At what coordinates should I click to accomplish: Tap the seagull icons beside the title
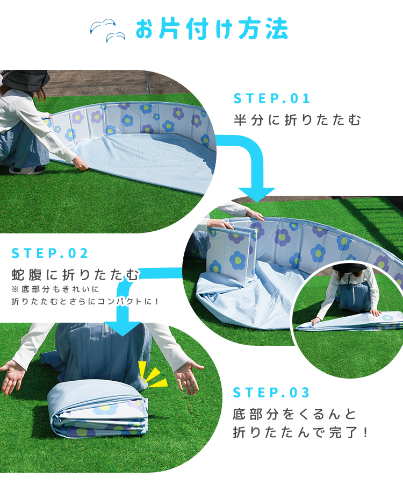click(x=108, y=30)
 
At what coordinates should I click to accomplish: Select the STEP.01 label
click(x=272, y=99)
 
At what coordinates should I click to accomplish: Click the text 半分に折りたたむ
click(x=297, y=120)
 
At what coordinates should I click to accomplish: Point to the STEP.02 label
click(x=50, y=253)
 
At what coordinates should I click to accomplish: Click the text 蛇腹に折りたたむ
click(x=76, y=274)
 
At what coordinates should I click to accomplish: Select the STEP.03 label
click(x=271, y=393)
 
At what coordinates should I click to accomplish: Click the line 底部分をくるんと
click(x=294, y=414)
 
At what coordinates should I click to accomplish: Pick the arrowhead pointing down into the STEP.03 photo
click(x=123, y=329)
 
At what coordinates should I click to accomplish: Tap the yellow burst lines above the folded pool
click(x=152, y=374)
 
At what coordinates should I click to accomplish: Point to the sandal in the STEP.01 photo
click(x=27, y=169)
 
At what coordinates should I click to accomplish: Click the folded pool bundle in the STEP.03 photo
click(x=98, y=409)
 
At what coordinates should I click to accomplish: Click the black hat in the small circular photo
click(x=349, y=267)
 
